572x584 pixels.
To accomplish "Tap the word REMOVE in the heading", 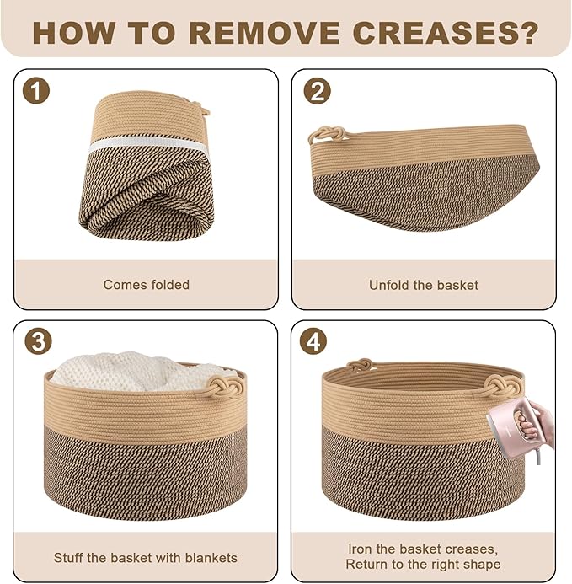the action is (264, 33).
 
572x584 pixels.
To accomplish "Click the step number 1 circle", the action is (36, 90).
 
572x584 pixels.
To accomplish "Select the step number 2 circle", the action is (317, 90).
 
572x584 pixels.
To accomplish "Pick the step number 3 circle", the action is (39, 341).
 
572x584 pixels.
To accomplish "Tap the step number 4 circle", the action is (314, 341).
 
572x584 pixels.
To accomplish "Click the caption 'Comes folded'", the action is (147, 285).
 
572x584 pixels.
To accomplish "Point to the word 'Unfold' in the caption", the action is (389, 285).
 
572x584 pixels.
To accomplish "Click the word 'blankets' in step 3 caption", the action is (211, 558).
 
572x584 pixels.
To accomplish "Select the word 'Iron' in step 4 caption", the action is (361, 549).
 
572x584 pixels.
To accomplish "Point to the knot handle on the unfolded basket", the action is (326, 135).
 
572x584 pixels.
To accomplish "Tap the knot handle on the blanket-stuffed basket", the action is (226, 387).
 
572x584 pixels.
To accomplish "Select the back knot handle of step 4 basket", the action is (359, 364).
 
